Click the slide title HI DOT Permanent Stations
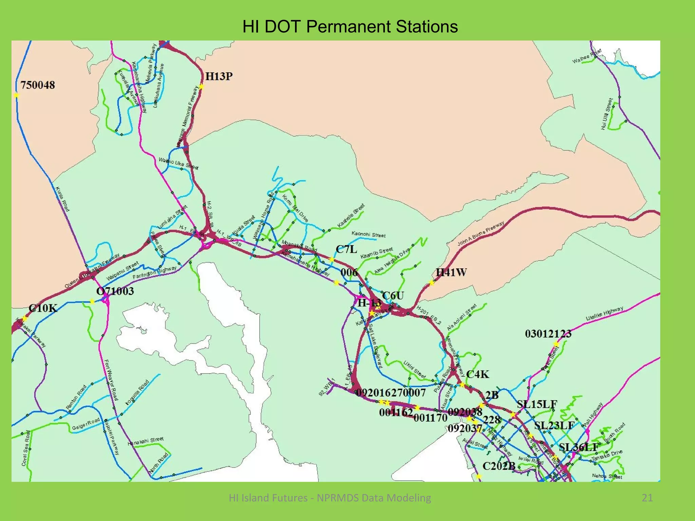(x=350, y=26)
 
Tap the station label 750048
(x=38, y=85)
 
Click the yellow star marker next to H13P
(x=201, y=87)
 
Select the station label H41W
(x=451, y=272)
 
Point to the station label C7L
(x=346, y=249)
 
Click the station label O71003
(x=115, y=291)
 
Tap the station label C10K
(x=43, y=308)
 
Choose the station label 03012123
(x=548, y=334)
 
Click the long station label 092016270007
(x=391, y=392)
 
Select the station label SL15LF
(x=537, y=404)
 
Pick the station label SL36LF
(x=579, y=447)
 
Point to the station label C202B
(x=499, y=466)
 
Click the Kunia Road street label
(x=62, y=199)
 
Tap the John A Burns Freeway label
(x=481, y=234)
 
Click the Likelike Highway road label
(x=605, y=313)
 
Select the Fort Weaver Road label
(x=111, y=380)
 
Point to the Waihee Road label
(x=587, y=56)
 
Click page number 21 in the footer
(x=647, y=498)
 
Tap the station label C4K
(x=477, y=374)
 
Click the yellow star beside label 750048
(x=16, y=95)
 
